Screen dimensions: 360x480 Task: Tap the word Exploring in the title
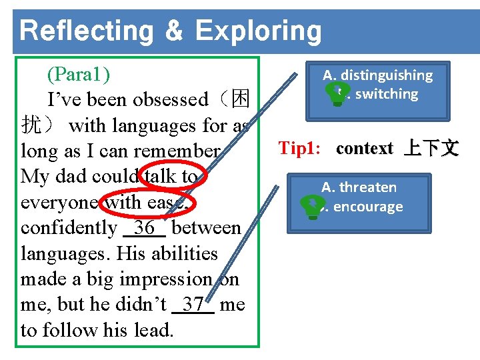pyautogui.click(x=258, y=31)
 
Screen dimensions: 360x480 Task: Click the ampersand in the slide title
pyautogui.click(x=173, y=31)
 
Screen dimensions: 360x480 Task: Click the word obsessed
pyautogui.click(x=170, y=100)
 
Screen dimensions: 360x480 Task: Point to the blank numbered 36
pyautogui.click(x=144, y=228)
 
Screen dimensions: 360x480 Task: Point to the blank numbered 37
pyautogui.click(x=193, y=305)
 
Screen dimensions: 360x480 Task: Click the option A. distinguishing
pyautogui.click(x=377, y=75)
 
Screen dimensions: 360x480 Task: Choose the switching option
pyautogui.click(x=386, y=94)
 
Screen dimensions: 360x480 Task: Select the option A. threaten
pyautogui.click(x=359, y=187)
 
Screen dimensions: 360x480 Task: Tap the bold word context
pyautogui.click(x=365, y=148)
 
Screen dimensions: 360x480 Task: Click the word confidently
pyautogui.click(x=69, y=228)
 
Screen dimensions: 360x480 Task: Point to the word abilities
pyautogui.click(x=185, y=254)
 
